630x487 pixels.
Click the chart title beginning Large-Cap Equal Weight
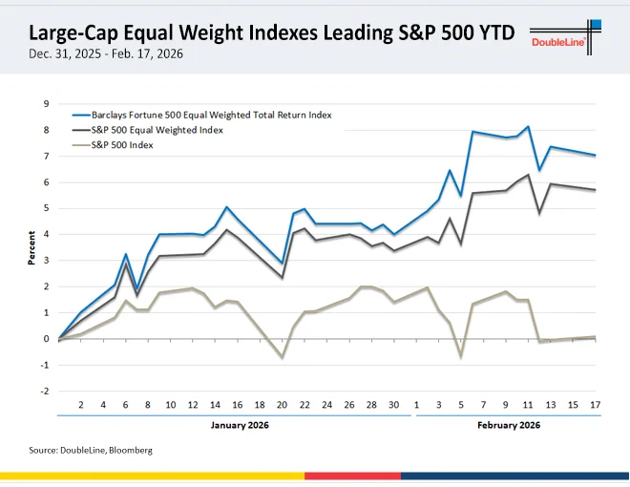(x=272, y=32)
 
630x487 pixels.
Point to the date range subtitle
(x=106, y=53)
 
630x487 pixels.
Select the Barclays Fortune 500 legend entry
(x=202, y=116)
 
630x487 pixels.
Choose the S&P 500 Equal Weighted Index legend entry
(x=147, y=130)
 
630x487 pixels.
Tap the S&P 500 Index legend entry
(x=113, y=145)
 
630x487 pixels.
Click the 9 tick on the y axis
(x=46, y=104)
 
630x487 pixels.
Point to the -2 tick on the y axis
(x=45, y=391)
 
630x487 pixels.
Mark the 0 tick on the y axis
(x=46, y=339)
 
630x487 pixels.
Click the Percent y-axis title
(x=31, y=247)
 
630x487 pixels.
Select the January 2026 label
(x=240, y=425)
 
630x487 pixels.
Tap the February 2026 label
(x=509, y=425)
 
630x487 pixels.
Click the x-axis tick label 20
(x=282, y=405)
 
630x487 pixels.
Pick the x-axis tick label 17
(x=595, y=405)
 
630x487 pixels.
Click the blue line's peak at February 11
(x=528, y=127)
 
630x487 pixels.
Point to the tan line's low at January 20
(x=283, y=357)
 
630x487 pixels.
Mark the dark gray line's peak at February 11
(x=528, y=175)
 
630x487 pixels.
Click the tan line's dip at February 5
(x=461, y=356)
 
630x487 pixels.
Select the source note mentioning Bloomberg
(x=91, y=450)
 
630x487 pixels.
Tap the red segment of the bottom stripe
(x=353, y=476)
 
